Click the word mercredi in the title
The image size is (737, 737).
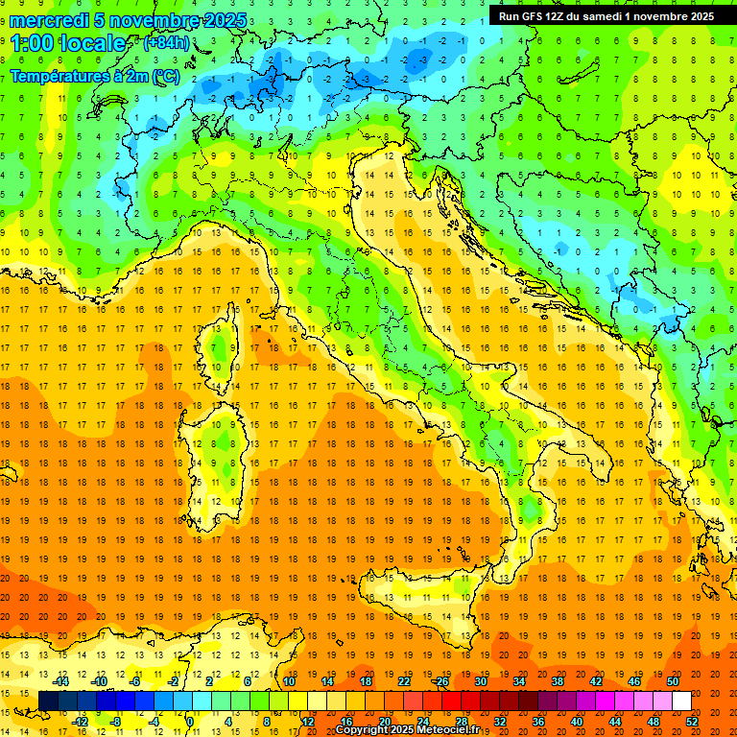point(50,20)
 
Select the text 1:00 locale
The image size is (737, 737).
point(68,43)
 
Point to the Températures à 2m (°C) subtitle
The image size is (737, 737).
point(93,76)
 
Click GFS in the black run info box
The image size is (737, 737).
point(534,15)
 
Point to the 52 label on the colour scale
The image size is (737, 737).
point(692,721)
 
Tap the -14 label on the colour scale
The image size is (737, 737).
point(61,681)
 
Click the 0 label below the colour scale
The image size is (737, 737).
point(190,721)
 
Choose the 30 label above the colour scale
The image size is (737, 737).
point(481,681)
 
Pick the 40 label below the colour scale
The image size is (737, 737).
point(577,721)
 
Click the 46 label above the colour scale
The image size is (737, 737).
point(634,681)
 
